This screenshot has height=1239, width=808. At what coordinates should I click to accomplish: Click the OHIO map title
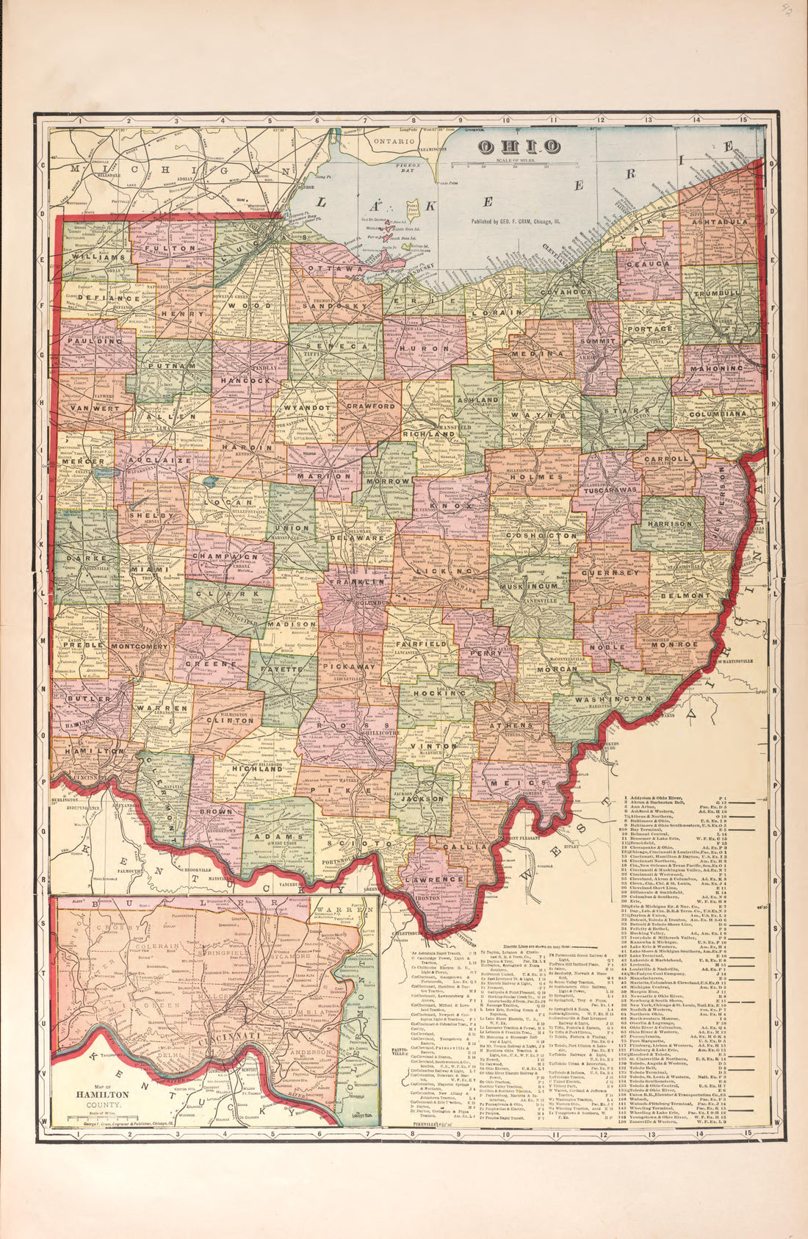519,147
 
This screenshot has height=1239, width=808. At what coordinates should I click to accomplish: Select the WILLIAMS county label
99,257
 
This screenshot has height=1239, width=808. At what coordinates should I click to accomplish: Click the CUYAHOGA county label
566,292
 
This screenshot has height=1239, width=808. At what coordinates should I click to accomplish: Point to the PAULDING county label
87,341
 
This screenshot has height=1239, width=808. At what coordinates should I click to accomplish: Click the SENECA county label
336,345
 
